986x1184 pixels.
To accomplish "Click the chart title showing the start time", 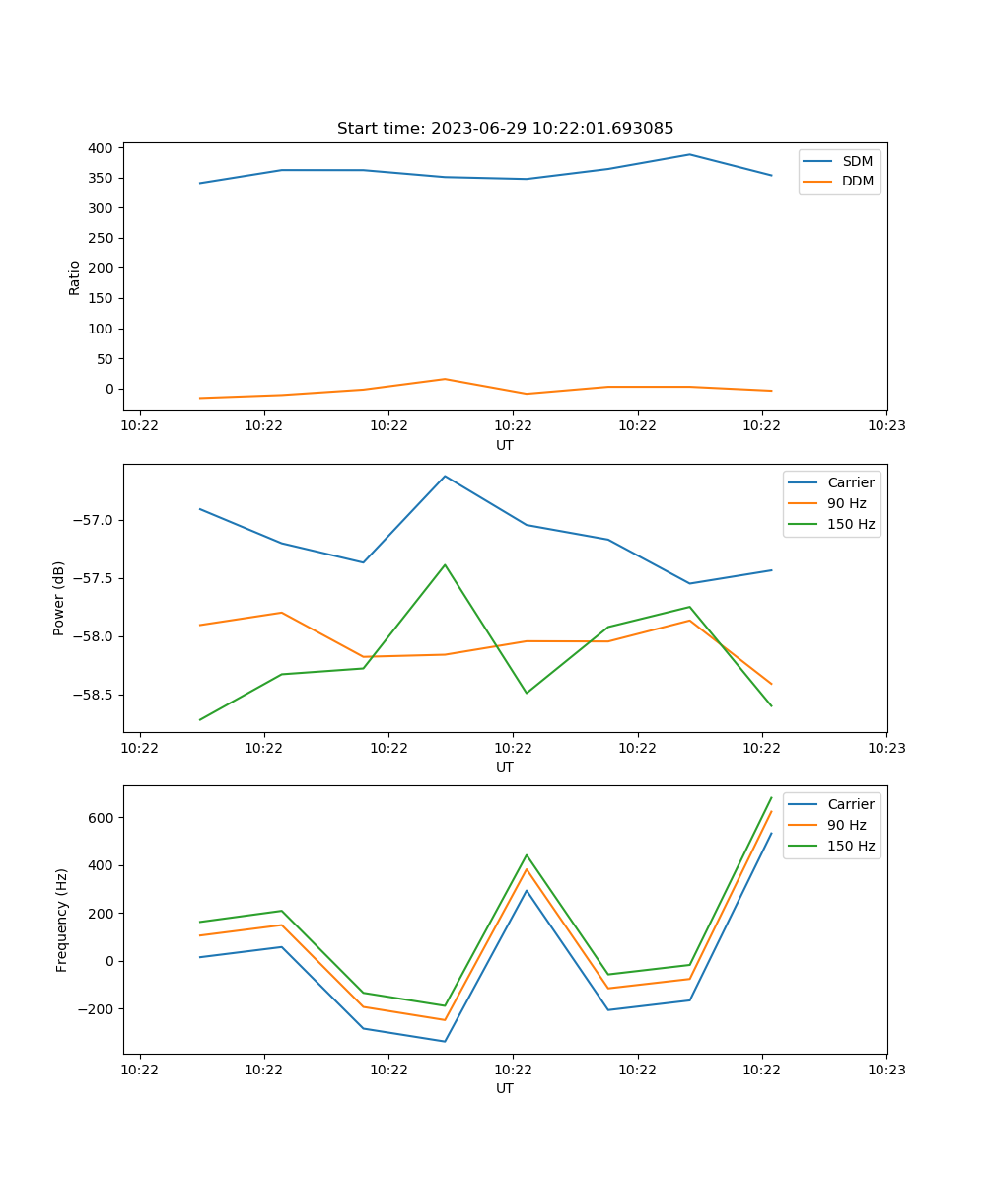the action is click(505, 128).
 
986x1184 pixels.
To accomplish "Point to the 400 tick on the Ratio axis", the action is click(101, 148).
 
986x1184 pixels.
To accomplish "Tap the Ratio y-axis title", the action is click(74, 278).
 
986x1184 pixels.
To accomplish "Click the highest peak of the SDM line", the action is click(689, 154).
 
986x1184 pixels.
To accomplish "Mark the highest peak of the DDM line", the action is click(445, 379).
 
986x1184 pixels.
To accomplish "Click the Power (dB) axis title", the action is click(58, 598).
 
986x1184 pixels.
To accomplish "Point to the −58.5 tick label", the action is click(93, 696).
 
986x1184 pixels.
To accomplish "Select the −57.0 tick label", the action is click(93, 521).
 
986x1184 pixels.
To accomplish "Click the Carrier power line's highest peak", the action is click(445, 477).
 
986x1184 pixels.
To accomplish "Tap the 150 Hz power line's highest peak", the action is click(445, 564).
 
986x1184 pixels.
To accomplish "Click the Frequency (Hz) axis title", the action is click(61, 921).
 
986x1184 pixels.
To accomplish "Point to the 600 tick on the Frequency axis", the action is click(101, 818).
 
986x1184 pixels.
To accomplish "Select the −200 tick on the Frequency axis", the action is click(96, 1009).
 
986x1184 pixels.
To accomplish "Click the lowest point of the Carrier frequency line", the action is click(445, 1041).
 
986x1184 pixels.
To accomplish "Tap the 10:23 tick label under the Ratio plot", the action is click(886, 425).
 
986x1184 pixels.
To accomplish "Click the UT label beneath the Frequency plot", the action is click(504, 1088).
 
